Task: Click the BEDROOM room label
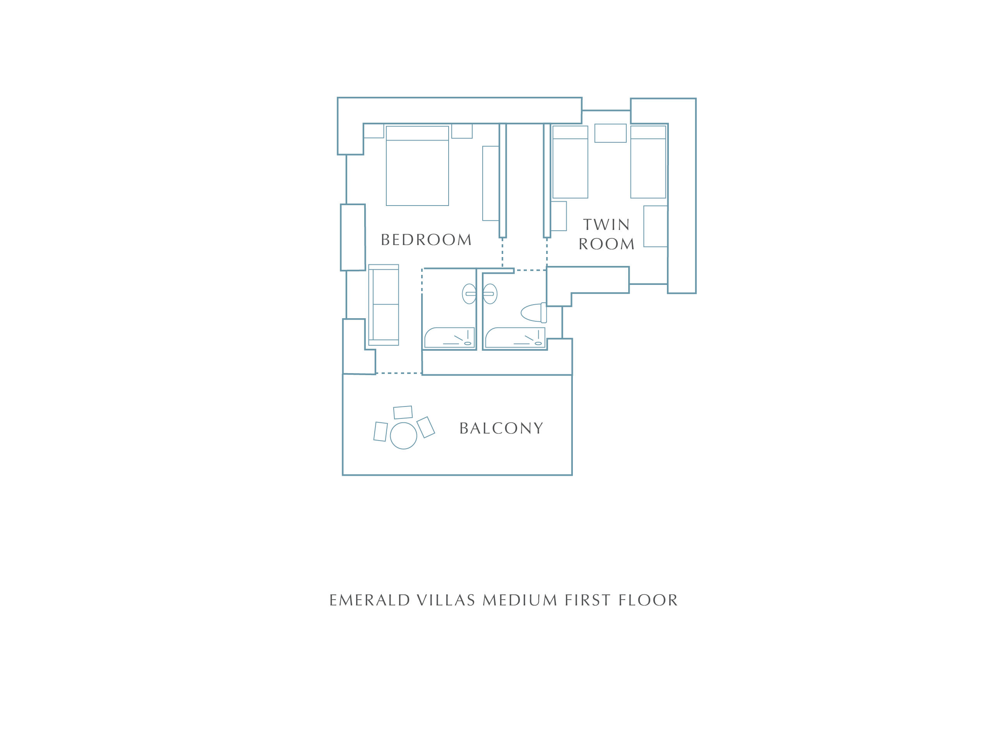coord(426,240)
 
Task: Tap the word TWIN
coord(606,225)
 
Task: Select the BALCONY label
coord(501,428)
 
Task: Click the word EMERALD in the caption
coord(370,600)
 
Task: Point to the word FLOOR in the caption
coord(648,600)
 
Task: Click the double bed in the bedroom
coord(417,166)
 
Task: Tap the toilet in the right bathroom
coord(534,313)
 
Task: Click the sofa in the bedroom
coord(384,305)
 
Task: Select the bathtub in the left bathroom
coord(449,338)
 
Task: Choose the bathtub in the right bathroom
coord(515,338)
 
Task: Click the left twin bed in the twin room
coord(570,162)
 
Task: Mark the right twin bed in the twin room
coord(648,162)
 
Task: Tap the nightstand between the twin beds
coord(610,133)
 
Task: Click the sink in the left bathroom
coord(469,294)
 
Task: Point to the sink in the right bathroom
coord(490,294)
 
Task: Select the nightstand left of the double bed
coord(374,131)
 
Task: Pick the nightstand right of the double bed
coord(462,131)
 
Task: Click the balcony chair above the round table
coord(403,413)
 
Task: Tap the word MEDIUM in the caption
coord(519,600)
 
